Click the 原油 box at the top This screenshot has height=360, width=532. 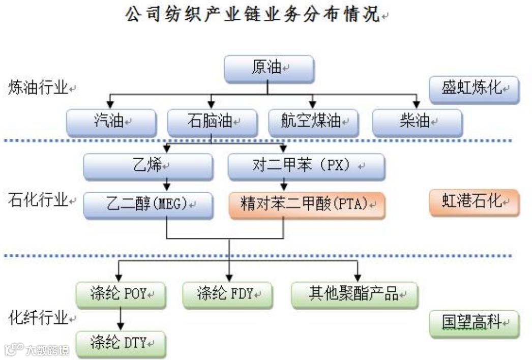269,69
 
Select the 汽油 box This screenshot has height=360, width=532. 111,123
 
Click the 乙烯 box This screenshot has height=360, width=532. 148,166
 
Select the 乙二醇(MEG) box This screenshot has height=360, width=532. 148,205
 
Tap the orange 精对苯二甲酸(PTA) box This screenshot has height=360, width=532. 306,205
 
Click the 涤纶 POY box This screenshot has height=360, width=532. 121,295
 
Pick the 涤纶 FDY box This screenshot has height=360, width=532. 227,295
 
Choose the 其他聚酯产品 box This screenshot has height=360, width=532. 354,295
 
